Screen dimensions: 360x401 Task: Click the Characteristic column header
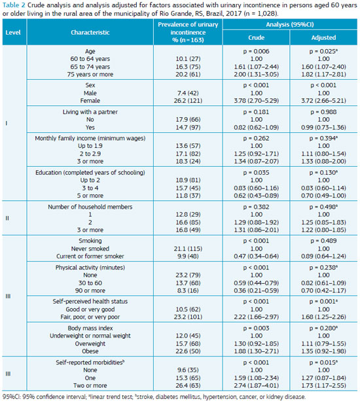(x=90, y=33)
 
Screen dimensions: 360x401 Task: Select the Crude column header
(x=256, y=37)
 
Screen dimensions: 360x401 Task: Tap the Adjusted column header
(x=323, y=37)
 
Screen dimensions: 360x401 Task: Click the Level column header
(x=13, y=33)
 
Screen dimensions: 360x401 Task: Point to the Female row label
(x=90, y=101)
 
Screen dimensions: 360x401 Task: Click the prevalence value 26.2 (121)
(x=188, y=101)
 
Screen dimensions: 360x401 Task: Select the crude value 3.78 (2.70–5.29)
(x=256, y=101)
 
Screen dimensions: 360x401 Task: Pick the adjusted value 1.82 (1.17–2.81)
(x=323, y=75)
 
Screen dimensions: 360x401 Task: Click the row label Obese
(x=90, y=351)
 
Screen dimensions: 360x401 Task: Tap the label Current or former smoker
(x=90, y=256)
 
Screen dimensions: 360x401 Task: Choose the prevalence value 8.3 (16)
(x=188, y=290)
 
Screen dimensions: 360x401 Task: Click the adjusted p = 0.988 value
(x=323, y=112)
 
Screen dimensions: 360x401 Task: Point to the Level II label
(x=7, y=218)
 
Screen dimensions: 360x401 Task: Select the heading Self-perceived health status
(x=90, y=302)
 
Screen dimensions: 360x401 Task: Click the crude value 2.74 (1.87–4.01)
(x=256, y=385)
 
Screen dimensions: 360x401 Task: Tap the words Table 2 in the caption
(x=14, y=5)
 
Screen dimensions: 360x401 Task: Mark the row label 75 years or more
(x=90, y=75)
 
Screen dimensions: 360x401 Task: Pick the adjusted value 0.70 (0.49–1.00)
(x=323, y=196)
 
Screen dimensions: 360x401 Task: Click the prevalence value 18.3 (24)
(x=188, y=162)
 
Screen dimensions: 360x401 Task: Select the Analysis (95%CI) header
(x=290, y=25)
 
